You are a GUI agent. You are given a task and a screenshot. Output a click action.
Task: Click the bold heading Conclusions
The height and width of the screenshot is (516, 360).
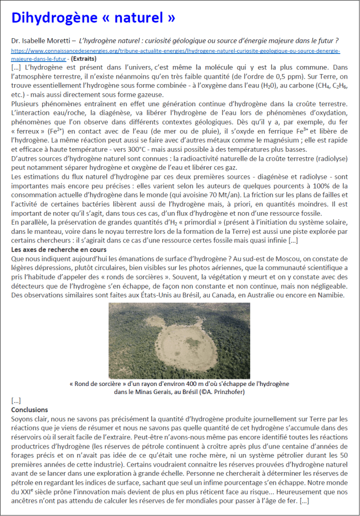tap(30, 410)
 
